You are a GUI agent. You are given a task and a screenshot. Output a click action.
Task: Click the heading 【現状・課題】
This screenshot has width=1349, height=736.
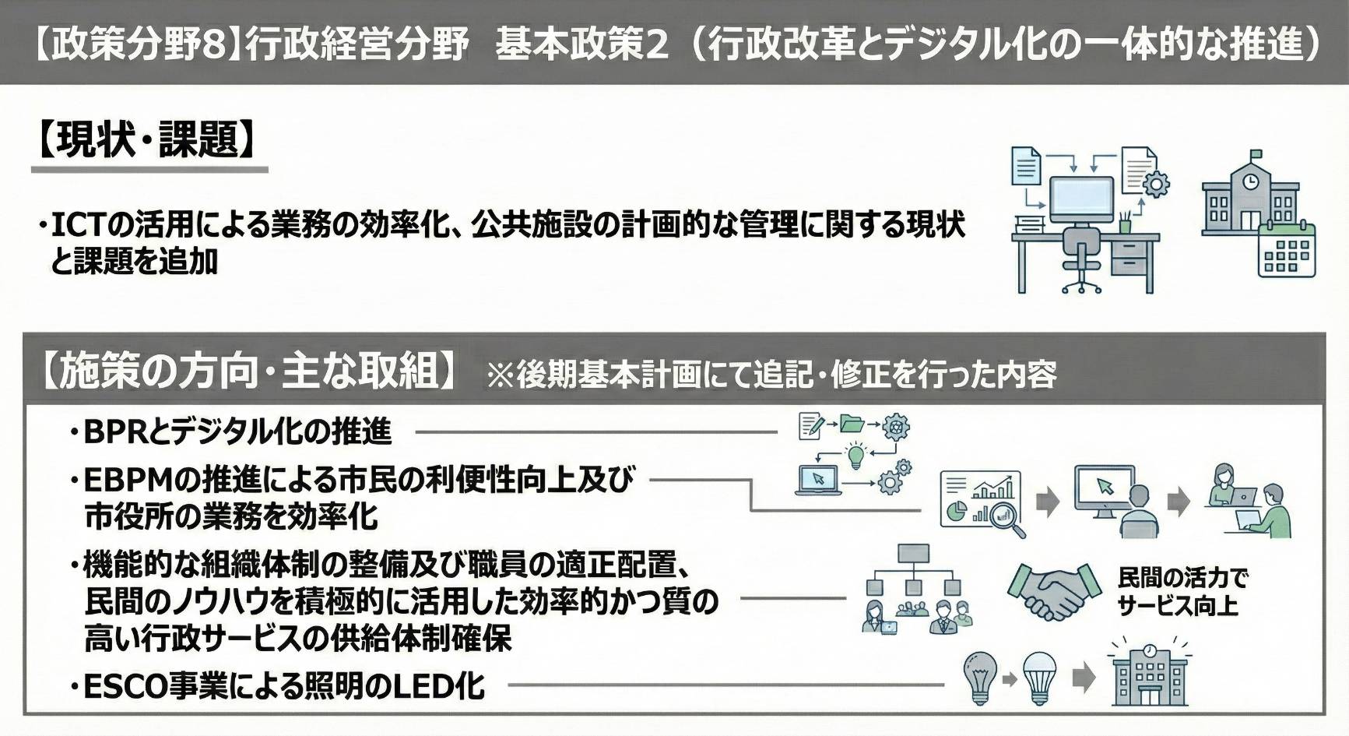coord(147,141)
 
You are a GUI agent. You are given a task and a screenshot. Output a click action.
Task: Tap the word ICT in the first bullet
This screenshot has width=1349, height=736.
coord(77,225)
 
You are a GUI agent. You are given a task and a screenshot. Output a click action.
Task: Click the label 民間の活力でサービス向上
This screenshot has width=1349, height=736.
coord(1182,592)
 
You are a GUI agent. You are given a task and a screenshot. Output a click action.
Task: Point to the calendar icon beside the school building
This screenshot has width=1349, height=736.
coord(1286,251)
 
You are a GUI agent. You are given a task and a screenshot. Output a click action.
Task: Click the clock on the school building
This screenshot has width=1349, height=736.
coord(1250,181)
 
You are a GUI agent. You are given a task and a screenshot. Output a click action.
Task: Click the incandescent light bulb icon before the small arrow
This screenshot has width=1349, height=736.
coord(979,678)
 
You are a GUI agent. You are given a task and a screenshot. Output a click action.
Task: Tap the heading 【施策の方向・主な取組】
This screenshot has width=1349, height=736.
coord(248,370)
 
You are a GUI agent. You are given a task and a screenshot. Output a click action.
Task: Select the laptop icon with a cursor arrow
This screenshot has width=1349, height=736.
coord(817,480)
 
